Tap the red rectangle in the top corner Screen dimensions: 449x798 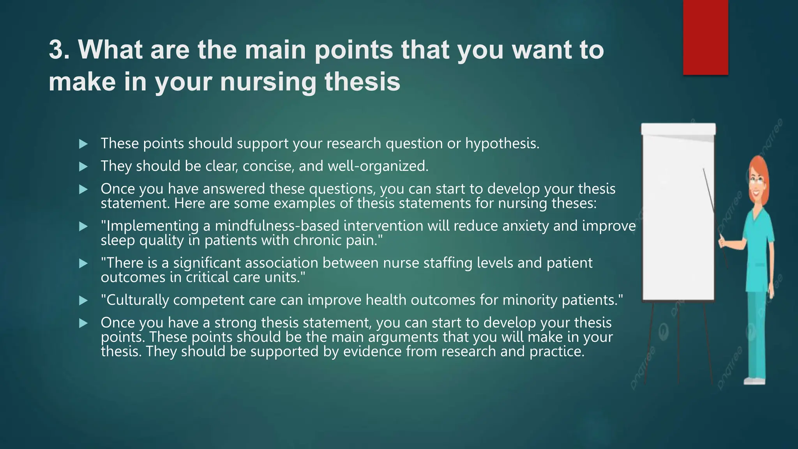coord(705,37)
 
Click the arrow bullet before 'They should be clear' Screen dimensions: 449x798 coord(83,167)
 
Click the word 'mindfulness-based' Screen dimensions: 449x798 coord(277,226)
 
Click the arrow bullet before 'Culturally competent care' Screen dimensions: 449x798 coord(83,301)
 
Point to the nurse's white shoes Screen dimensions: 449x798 coord(754,381)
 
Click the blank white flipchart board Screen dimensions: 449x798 coord(678,218)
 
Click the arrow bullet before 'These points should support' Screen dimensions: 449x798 coord(83,144)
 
